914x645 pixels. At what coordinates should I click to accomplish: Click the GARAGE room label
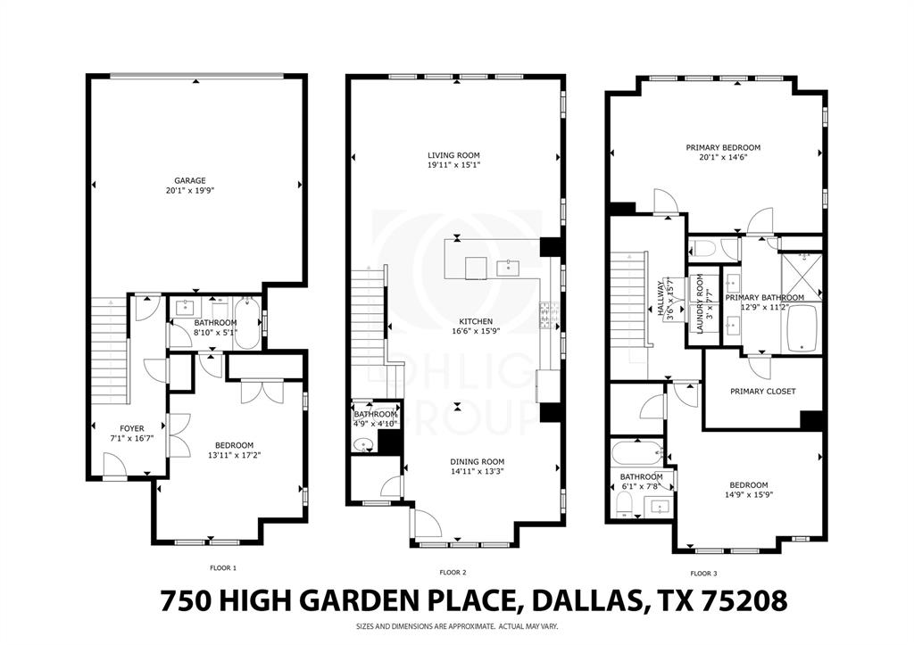point(189,180)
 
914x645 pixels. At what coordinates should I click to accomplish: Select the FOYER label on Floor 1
point(120,427)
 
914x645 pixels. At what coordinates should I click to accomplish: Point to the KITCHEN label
point(476,321)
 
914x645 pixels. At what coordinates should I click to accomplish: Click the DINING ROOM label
point(477,461)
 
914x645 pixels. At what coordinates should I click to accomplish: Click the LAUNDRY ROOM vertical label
point(701,310)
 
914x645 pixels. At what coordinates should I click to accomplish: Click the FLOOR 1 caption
point(222,567)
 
